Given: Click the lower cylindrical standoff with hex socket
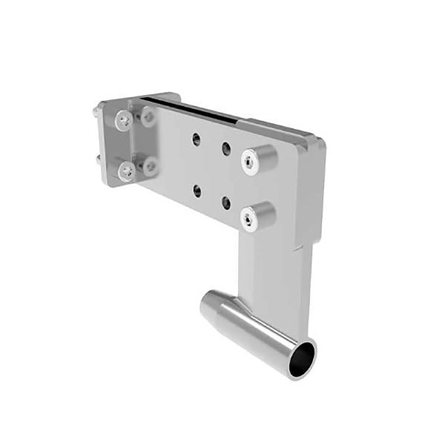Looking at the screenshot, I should click(x=258, y=215).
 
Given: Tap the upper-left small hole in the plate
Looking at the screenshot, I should click(x=197, y=139).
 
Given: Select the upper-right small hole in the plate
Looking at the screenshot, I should click(x=225, y=148).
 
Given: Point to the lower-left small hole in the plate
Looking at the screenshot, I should click(x=197, y=191).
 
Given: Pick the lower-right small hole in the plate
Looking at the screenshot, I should click(x=225, y=202).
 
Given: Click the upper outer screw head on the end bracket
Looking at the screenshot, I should click(x=123, y=119).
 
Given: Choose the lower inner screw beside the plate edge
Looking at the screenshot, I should click(x=150, y=166).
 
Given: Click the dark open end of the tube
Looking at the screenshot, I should click(x=300, y=359).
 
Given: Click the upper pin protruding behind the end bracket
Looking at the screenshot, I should click(x=98, y=111).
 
